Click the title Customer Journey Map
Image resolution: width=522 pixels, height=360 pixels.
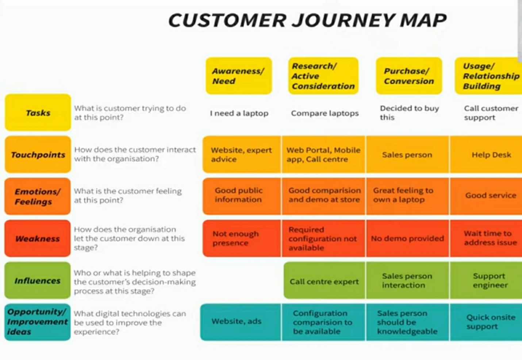coord(307,20)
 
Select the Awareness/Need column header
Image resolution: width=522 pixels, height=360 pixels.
coord(239,76)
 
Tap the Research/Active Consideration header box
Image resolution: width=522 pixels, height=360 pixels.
coord(323,76)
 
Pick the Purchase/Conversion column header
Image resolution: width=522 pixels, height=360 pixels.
coord(409,76)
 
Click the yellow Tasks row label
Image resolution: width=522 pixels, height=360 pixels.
coord(38,113)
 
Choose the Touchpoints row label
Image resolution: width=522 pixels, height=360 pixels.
coord(38,154)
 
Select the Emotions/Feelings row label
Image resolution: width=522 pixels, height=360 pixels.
coord(38,196)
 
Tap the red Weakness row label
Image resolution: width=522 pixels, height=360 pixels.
coord(38,238)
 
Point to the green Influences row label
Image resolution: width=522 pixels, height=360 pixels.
coord(38,280)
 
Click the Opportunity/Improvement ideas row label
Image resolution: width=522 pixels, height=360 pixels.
coord(38,322)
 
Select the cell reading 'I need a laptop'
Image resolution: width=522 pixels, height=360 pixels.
coord(239,113)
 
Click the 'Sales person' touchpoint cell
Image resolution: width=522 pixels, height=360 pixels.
coord(407,155)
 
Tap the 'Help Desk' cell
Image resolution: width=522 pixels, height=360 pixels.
coord(491,155)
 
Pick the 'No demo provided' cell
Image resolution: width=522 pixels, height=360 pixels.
coord(407,238)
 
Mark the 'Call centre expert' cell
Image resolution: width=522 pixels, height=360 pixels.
coord(324,282)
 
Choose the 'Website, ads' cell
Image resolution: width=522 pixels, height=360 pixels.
coord(237,321)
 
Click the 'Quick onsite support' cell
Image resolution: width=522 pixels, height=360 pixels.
coord(490,322)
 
